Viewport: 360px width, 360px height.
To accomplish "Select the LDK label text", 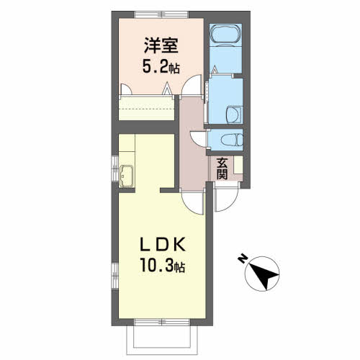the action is [163, 244].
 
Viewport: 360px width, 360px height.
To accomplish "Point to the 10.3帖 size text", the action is [163, 266].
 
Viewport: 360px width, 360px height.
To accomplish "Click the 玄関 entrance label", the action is [222, 168].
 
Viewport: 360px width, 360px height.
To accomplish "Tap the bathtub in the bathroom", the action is [225, 35].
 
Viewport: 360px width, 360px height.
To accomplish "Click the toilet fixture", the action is [232, 140].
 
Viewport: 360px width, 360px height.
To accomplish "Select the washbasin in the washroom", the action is [234, 115].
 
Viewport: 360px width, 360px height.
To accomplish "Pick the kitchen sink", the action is [127, 176].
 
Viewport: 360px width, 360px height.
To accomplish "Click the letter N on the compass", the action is [243, 258].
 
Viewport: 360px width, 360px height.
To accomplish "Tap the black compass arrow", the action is [264, 276].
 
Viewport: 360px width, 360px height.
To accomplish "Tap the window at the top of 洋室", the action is [161, 14].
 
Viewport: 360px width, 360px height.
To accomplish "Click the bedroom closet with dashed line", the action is [146, 107].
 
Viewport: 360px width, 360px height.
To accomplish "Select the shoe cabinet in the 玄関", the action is [238, 165].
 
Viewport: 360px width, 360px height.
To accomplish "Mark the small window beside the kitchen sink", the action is [115, 168].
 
